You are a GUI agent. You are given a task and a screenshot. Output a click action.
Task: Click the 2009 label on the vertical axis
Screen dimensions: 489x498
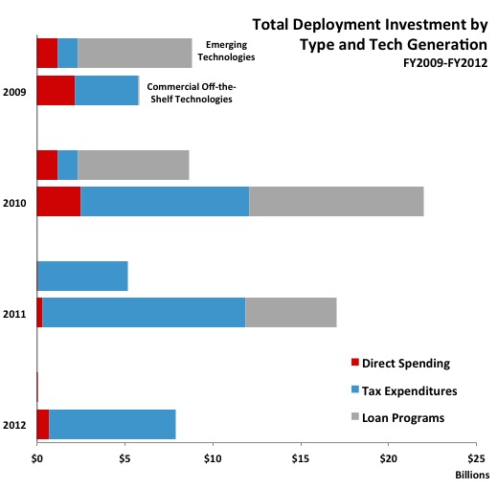pyautogui.click(x=14, y=93)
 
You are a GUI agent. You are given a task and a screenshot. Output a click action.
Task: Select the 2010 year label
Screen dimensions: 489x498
pyautogui.click(x=14, y=203)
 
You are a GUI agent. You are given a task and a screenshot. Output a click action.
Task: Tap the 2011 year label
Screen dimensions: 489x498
pyautogui.click(x=14, y=313)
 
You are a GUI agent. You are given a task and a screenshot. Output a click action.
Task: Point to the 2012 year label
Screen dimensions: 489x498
pyautogui.click(x=14, y=424)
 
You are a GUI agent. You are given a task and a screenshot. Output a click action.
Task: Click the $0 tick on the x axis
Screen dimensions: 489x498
pyautogui.click(x=36, y=457)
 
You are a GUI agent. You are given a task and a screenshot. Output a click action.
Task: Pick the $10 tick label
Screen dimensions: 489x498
pyautogui.click(x=213, y=457)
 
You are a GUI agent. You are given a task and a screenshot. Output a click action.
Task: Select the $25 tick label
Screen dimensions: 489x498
pyautogui.click(x=477, y=457)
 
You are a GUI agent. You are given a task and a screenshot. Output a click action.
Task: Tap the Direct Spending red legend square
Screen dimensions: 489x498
pyautogui.click(x=356, y=363)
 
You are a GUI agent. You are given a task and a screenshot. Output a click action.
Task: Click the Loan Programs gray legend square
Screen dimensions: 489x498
pyautogui.click(x=356, y=418)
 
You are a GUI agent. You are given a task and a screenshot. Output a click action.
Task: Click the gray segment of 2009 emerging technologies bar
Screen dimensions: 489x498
pyautogui.click(x=134, y=54)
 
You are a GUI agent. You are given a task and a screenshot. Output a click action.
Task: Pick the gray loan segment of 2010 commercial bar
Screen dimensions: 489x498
pyautogui.click(x=335, y=201)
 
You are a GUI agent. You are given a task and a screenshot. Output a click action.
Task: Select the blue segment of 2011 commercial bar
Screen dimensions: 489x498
pyautogui.click(x=144, y=312)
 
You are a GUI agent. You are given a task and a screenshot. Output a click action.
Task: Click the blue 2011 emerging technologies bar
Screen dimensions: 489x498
pyautogui.click(x=82, y=276)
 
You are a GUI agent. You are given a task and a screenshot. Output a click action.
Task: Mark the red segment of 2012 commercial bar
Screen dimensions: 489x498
pyautogui.click(x=43, y=424)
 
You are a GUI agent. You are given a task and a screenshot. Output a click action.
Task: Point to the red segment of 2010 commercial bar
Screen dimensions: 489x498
pyautogui.click(x=58, y=201)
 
